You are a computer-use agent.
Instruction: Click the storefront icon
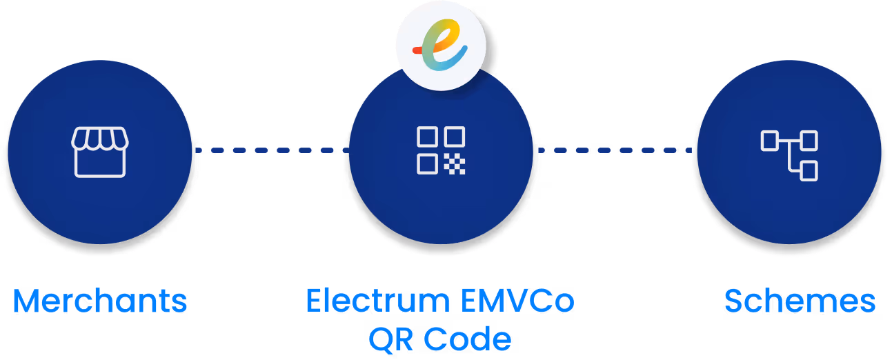click(x=99, y=152)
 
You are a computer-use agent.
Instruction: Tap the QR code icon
click(x=441, y=150)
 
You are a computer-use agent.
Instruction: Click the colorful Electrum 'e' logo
click(x=441, y=46)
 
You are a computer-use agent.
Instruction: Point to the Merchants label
click(x=100, y=301)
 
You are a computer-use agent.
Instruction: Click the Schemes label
click(x=800, y=301)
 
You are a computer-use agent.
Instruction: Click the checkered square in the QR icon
click(x=455, y=164)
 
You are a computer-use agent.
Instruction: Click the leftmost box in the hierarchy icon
click(x=770, y=141)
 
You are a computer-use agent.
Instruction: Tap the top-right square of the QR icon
click(x=455, y=137)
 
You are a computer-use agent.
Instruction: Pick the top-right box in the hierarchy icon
click(x=809, y=141)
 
